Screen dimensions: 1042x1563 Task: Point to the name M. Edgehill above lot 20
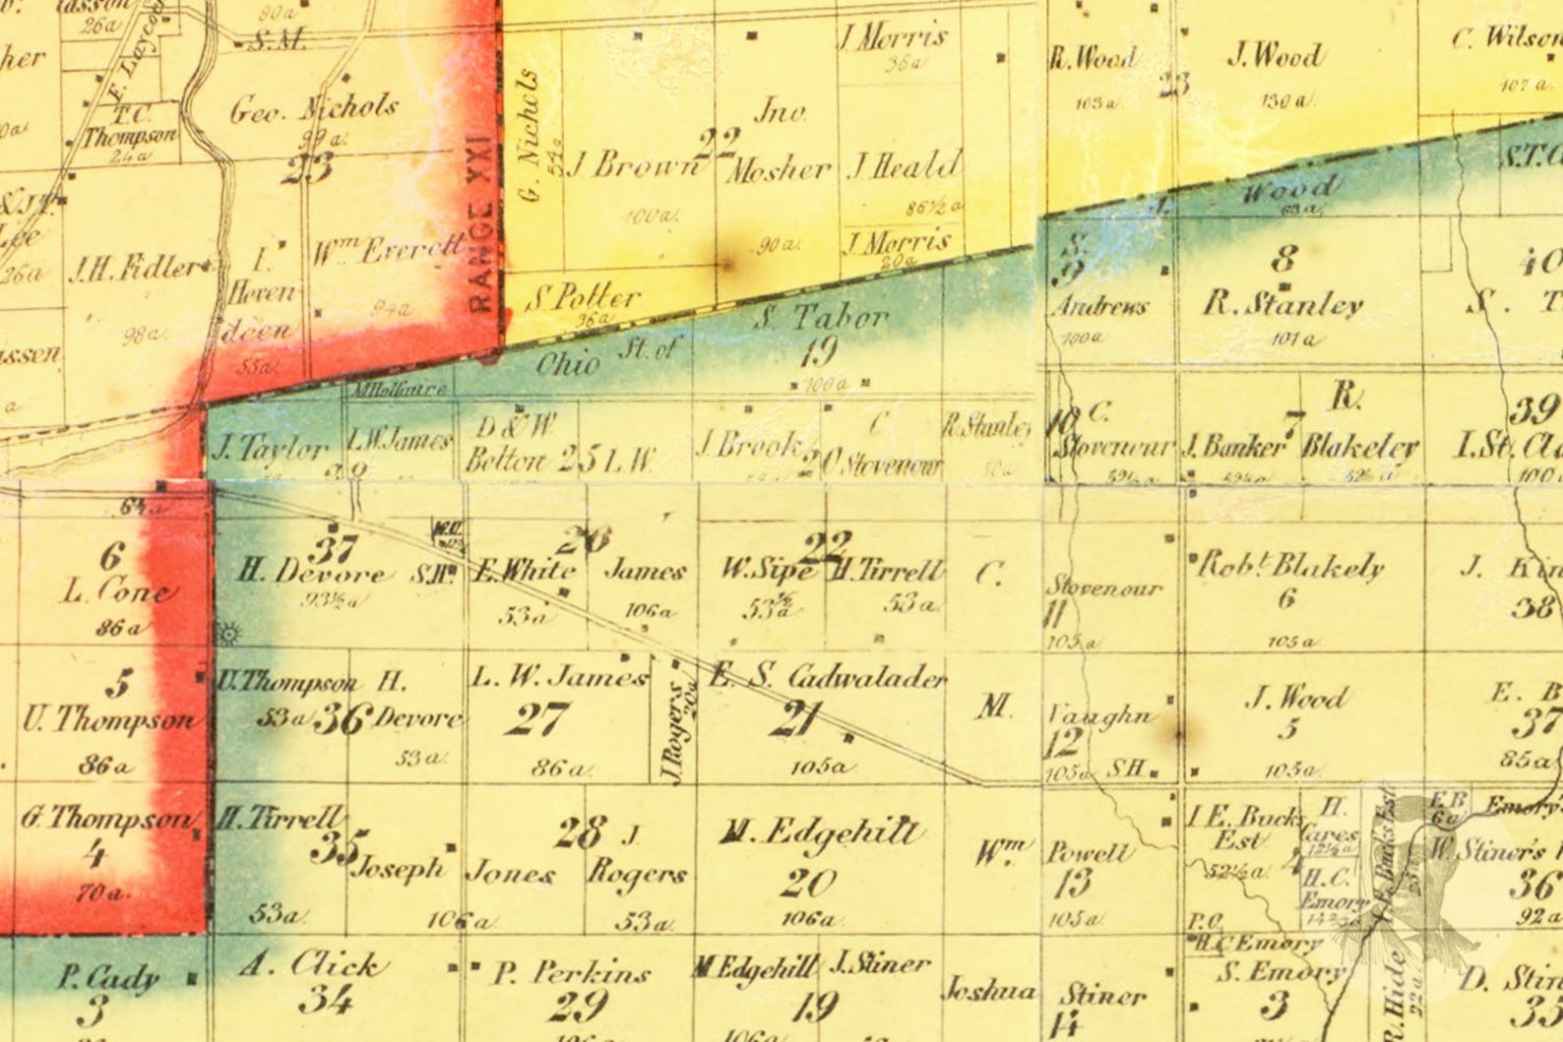click(821, 834)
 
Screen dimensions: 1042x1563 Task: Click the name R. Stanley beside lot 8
click(1282, 304)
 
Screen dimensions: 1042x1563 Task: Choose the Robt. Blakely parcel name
click(1289, 566)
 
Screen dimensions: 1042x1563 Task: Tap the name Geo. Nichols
click(314, 107)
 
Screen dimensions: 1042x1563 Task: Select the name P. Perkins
click(571, 973)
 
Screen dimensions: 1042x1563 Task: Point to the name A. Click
click(308, 964)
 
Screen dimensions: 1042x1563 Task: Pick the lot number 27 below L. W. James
click(537, 719)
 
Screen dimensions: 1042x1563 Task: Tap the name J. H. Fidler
click(138, 268)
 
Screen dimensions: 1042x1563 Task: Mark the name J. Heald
click(904, 165)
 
